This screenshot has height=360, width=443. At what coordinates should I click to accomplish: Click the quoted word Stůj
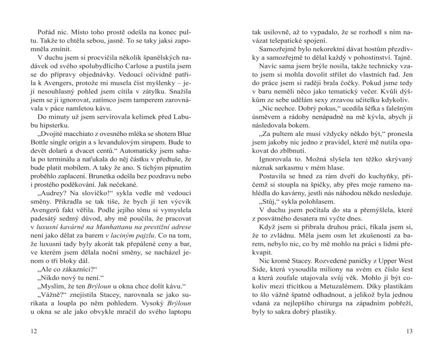[270, 202]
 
